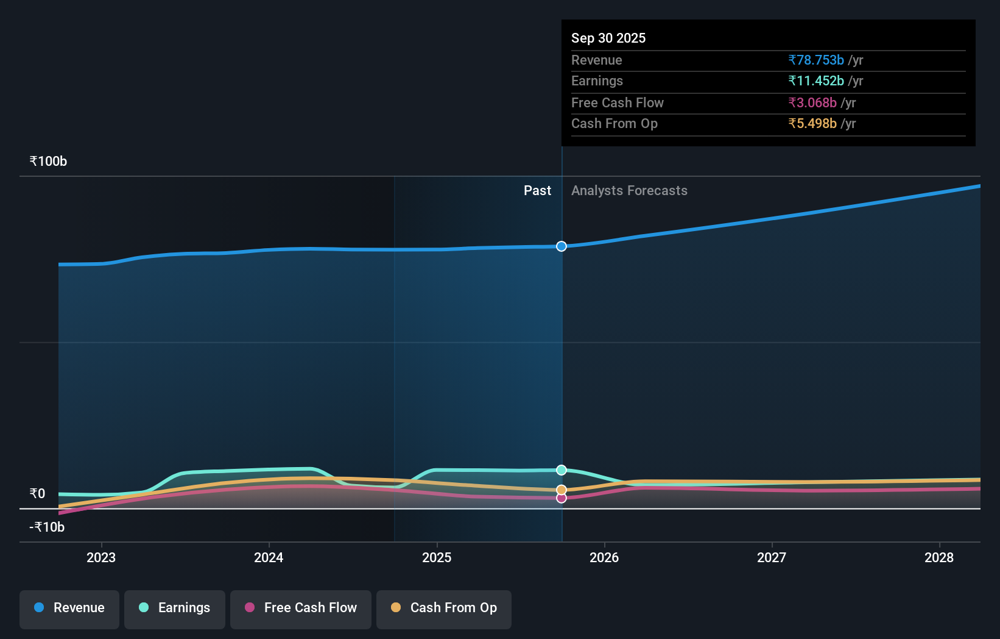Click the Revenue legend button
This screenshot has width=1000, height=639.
69,608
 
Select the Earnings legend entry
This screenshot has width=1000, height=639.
175,608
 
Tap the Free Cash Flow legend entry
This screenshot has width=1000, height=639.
301,608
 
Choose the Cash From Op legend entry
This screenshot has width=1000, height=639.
444,608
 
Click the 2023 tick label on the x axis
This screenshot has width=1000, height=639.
101,557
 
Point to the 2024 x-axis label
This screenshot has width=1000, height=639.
269,557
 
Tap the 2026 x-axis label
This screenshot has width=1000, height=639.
604,557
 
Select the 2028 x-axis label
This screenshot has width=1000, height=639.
939,557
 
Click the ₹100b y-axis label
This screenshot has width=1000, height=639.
48,161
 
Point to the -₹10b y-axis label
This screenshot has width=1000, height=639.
47,527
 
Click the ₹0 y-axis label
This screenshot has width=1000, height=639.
37,493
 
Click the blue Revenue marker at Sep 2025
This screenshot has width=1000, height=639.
562,246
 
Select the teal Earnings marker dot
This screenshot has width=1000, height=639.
562,470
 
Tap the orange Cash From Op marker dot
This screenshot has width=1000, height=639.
562,490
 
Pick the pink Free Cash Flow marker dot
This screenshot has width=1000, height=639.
562,498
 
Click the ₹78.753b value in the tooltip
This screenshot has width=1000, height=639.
816,60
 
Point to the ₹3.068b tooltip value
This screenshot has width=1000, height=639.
812,102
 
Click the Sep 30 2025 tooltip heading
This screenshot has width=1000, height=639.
608,38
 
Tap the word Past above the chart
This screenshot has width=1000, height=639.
537,190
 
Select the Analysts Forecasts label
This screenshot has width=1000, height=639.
629,190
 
